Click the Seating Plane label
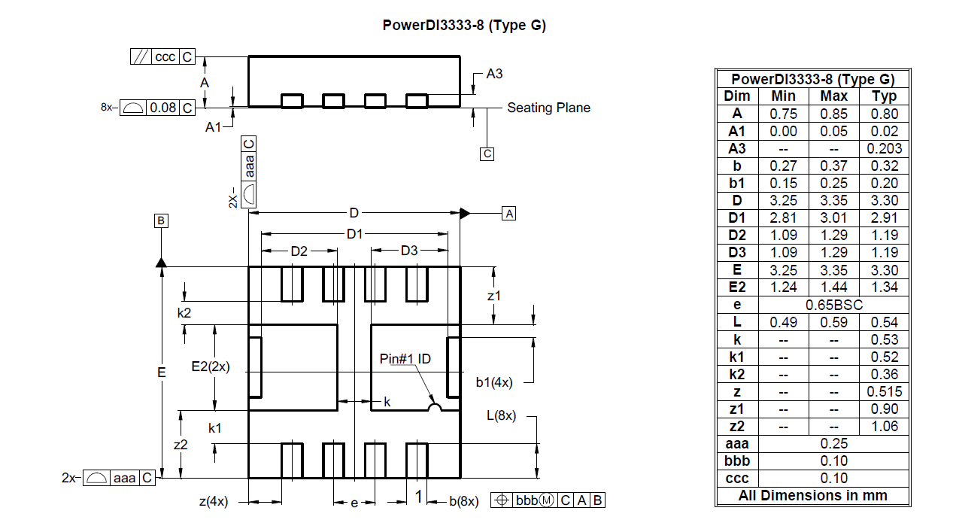(548, 108)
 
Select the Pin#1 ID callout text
(405, 359)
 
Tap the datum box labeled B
(161, 220)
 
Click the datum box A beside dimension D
(508, 213)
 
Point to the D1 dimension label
(354, 234)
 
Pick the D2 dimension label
(299, 251)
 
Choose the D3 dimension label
(409, 251)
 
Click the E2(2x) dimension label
(211, 366)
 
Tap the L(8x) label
(501, 415)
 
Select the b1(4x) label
(494, 382)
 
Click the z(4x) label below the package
(214, 501)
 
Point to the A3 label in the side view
(494, 74)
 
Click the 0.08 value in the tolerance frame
(163, 108)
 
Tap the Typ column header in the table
(884, 96)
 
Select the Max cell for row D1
(834, 217)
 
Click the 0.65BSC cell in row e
(834, 305)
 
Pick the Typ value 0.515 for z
(884, 391)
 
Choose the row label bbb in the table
(737, 461)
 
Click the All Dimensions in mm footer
(812, 495)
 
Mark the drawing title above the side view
(464, 25)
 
